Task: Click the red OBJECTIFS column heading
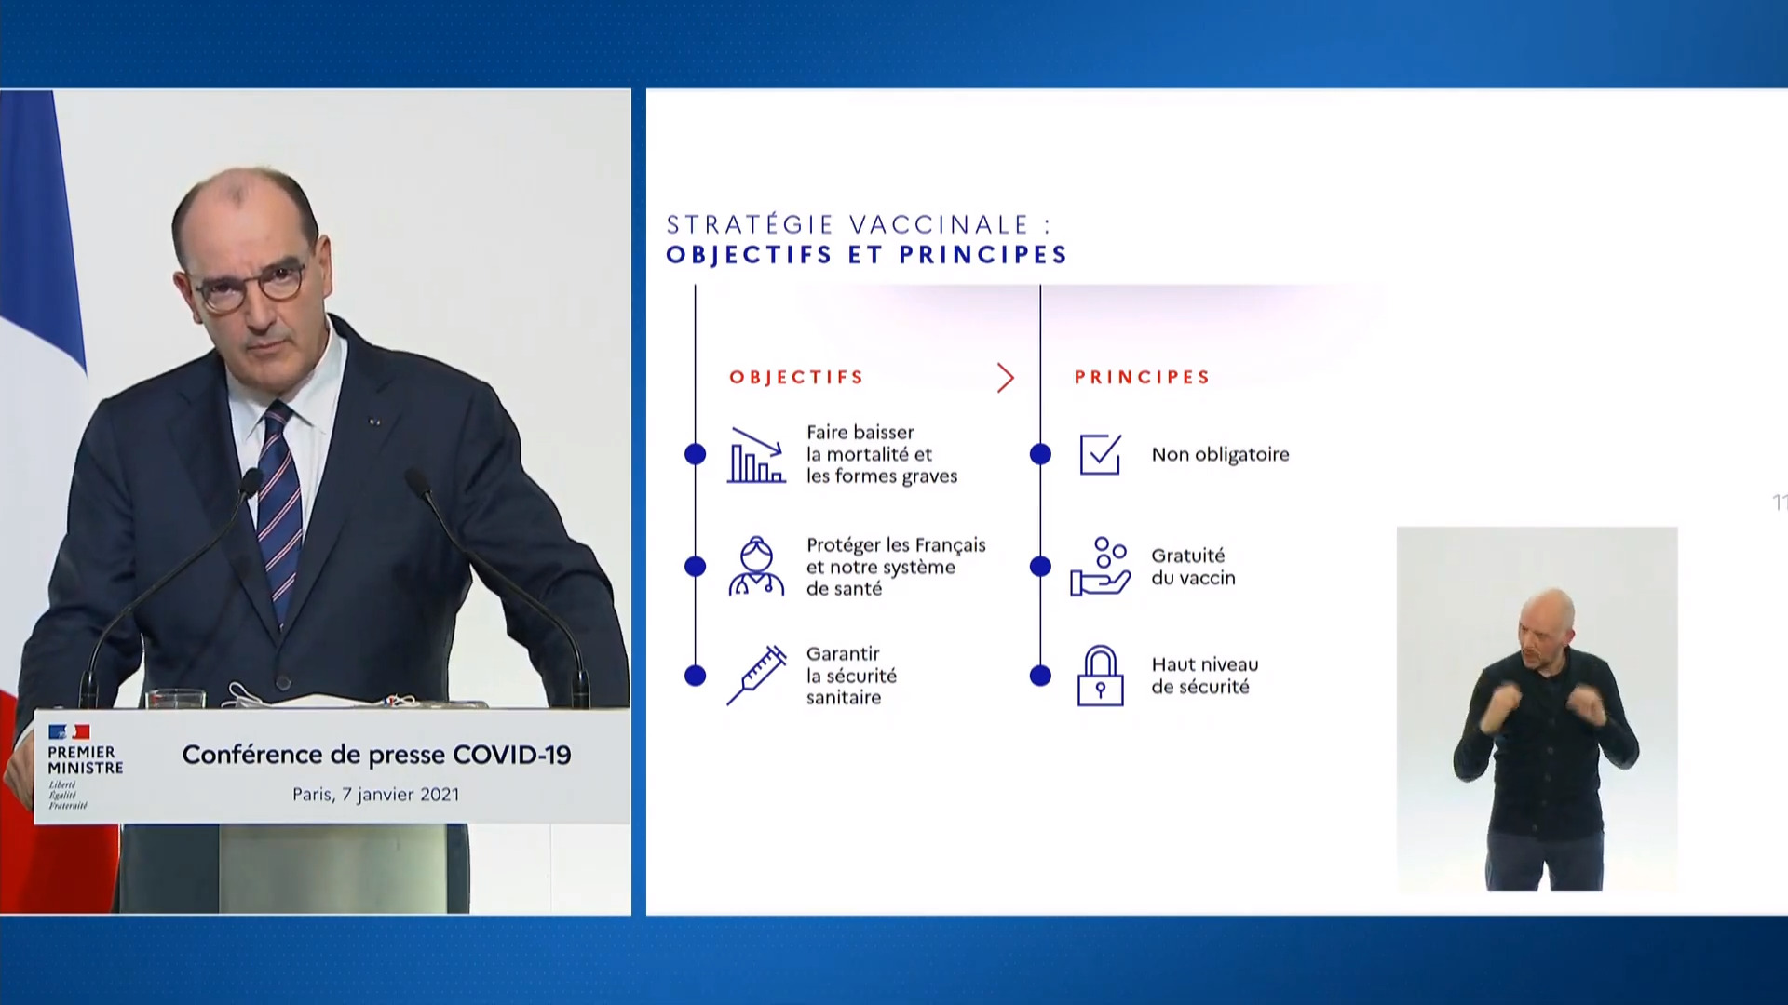point(796,377)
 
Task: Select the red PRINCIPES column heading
point(1142,377)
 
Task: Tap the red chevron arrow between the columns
point(1005,378)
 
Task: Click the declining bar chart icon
point(756,455)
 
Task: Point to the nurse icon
point(756,566)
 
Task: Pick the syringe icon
point(756,676)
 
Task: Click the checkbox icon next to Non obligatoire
point(1101,454)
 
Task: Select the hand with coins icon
point(1100,566)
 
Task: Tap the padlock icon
point(1101,676)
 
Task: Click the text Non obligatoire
point(1220,455)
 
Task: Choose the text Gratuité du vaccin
point(1194,567)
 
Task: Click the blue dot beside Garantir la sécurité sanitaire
point(695,676)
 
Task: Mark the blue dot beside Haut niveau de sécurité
point(1040,676)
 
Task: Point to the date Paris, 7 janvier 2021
point(376,795)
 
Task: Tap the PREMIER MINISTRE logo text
point(85,759)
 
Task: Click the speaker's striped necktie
point(281,512)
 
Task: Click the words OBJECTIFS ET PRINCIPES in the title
point(866,255)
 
